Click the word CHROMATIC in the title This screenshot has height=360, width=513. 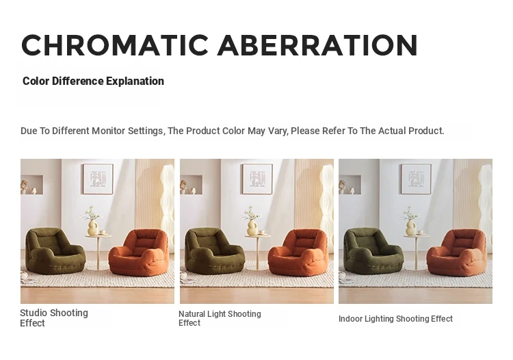115,45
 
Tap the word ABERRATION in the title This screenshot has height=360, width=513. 317,45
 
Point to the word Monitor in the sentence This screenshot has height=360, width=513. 108,131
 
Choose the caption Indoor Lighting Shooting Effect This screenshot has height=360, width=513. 395,319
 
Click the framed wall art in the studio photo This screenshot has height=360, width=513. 98,179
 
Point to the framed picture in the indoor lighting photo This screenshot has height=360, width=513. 416,179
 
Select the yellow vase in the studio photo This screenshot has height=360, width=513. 93,227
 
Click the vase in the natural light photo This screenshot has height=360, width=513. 252,227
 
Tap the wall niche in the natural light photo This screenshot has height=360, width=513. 191,185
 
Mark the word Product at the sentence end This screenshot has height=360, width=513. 426,131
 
